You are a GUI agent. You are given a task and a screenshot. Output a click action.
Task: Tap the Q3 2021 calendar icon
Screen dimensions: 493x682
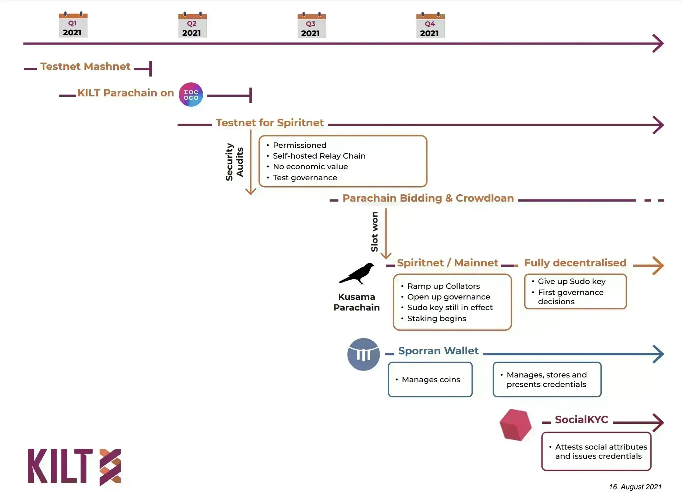point(311,25)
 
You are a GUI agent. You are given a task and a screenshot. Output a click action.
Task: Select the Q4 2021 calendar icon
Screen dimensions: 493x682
point(430,25)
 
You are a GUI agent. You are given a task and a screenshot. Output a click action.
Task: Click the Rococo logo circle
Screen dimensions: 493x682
point(191,95)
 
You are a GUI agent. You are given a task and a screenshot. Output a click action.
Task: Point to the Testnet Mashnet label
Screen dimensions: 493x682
point(85,67)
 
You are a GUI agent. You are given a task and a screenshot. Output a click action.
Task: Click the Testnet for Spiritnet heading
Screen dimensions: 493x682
point(270,123)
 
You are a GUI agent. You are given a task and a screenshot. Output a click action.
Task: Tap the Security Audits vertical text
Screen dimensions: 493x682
point(234,162)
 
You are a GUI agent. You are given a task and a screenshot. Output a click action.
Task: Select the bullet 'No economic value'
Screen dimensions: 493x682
point(310,167)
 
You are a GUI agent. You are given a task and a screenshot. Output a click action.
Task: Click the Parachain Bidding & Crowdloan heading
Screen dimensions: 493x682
point(428,198)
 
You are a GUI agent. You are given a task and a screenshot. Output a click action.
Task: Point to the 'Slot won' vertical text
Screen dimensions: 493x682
point(374,231)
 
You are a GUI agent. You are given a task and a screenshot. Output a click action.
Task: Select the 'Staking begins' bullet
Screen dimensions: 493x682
point(436,319)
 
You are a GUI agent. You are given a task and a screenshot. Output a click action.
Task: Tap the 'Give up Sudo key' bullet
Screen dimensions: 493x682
point(571,281)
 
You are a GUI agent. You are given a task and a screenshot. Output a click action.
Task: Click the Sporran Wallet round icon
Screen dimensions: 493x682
point(363,354)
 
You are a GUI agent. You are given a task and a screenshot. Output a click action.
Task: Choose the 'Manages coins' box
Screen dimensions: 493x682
point(430,380)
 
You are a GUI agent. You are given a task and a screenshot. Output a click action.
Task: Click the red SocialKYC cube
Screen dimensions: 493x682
point(515,425)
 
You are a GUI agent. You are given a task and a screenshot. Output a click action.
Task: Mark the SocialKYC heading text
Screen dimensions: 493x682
point(581,420)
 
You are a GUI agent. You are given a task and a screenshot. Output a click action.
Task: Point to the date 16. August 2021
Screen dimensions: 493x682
point(635,487)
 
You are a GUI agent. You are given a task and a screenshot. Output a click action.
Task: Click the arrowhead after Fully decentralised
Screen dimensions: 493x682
point(658,266)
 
